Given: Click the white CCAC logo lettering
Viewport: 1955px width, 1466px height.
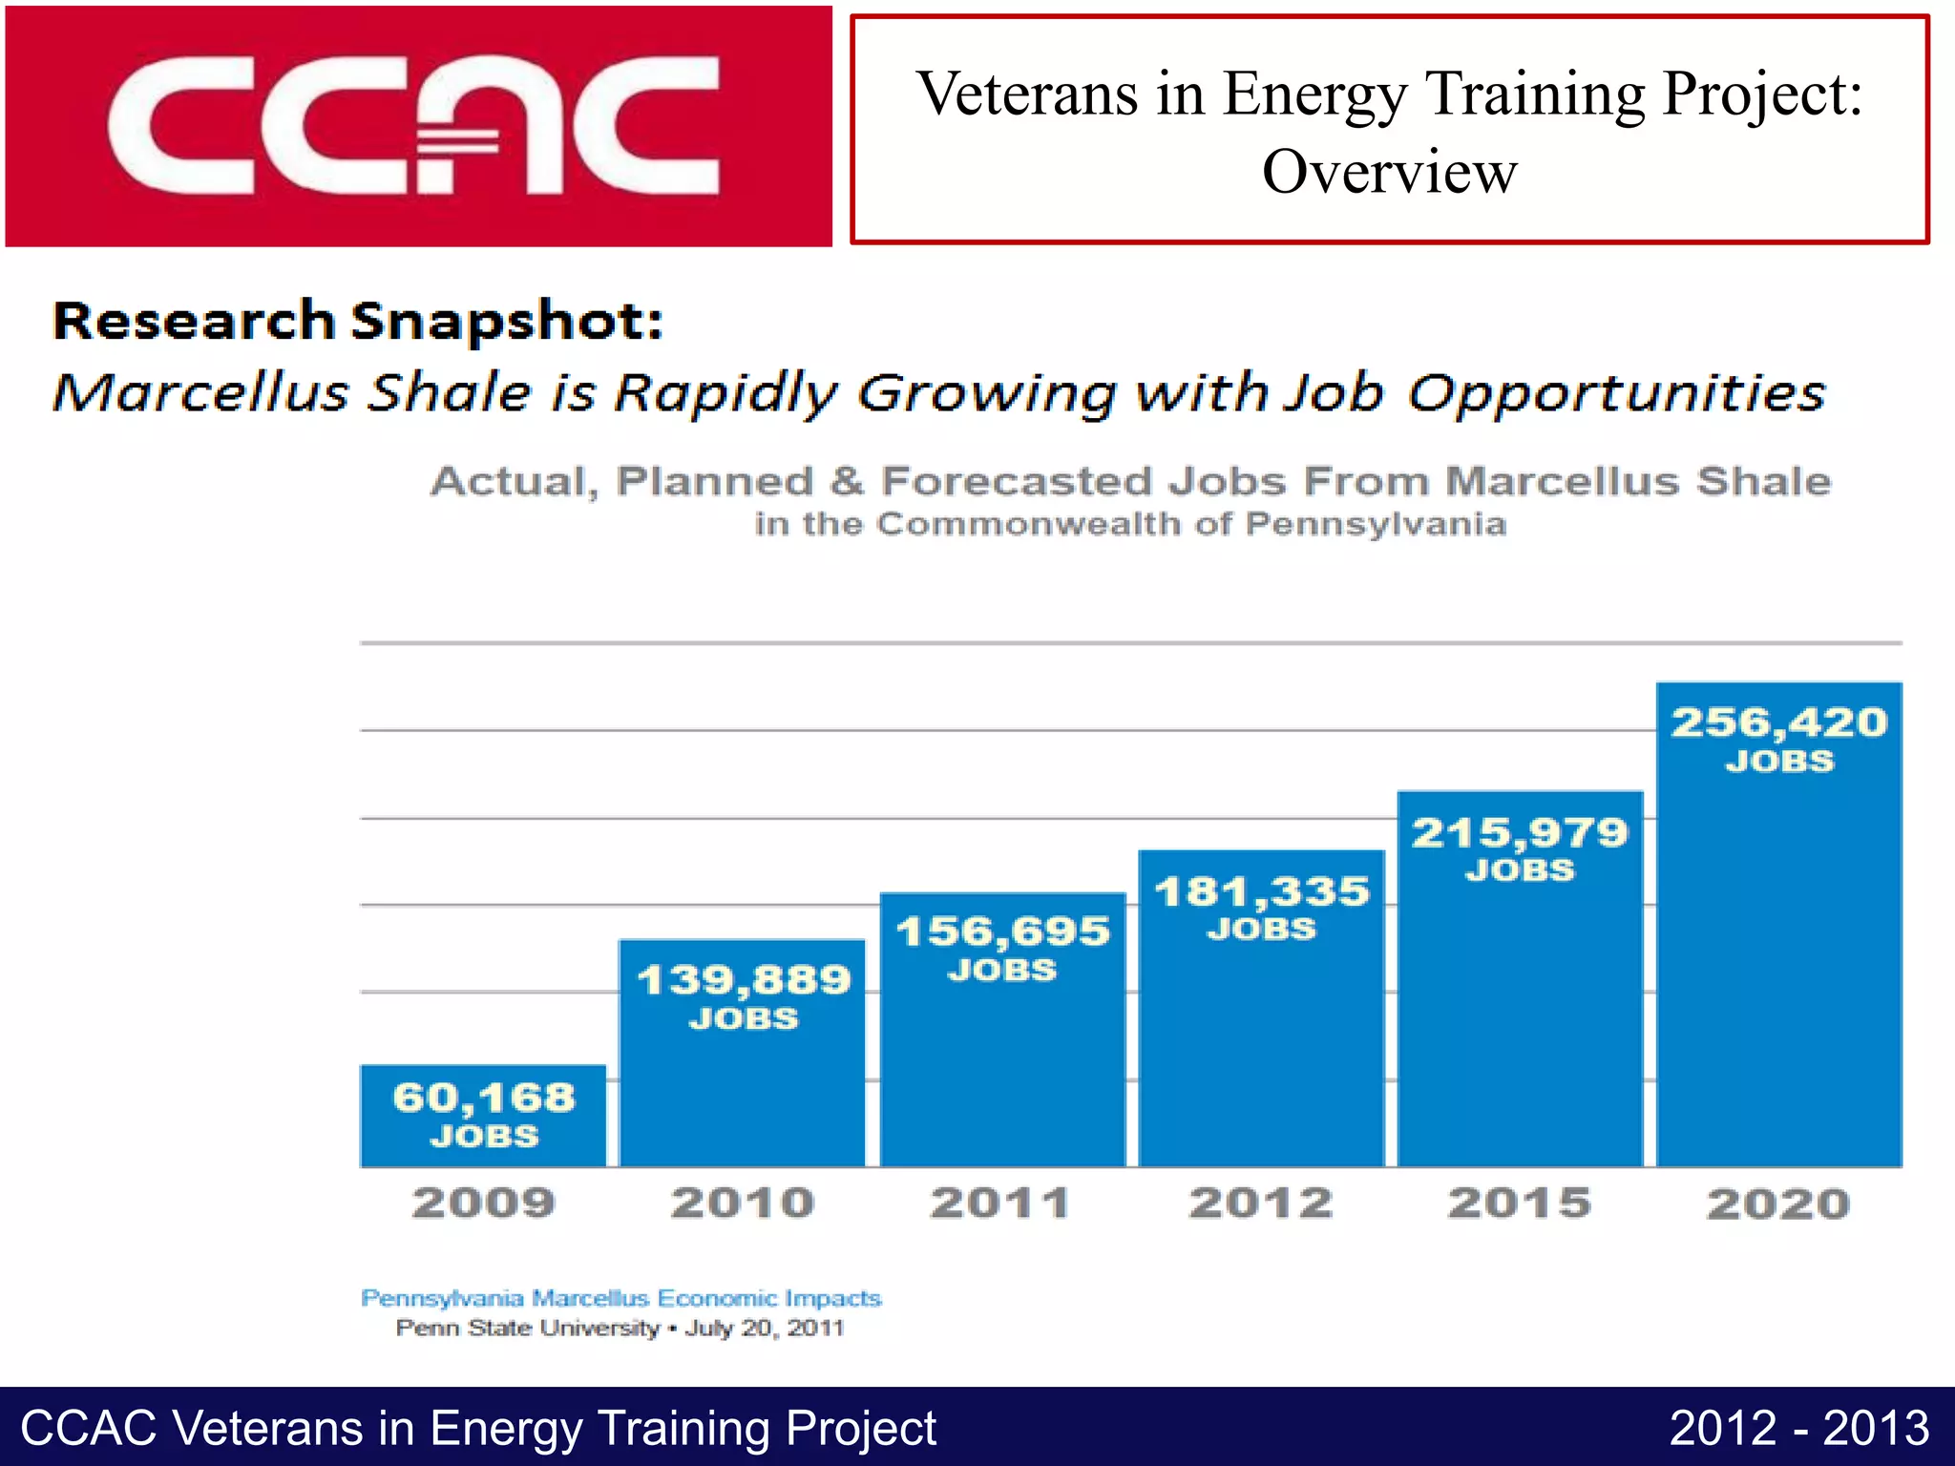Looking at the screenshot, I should coord(412,126).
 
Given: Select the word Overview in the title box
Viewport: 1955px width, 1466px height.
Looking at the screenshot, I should coord(1389,173).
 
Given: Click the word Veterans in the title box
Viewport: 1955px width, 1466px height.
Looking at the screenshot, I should coord(1028,94).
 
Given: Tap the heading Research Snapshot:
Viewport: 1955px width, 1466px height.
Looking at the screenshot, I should coord(358,321).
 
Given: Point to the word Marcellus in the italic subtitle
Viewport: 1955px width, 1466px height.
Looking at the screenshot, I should coord(200,393).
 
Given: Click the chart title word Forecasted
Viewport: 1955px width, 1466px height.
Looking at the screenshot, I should coord(1017,481).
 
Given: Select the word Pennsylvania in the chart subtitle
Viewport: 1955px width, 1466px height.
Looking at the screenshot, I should coord(1376,524).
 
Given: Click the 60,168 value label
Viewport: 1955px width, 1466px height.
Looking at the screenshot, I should coord(484,1098).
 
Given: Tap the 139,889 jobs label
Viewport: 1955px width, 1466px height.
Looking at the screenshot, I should coord(743,980).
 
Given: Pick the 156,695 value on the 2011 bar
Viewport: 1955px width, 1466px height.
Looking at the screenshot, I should coord(1002,932).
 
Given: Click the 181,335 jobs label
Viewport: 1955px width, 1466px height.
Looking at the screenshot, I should coord(1261,892).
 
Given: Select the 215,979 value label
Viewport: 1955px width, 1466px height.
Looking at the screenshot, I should coord(1520,833).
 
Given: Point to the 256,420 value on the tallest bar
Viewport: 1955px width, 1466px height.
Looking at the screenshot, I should coord(1778,723).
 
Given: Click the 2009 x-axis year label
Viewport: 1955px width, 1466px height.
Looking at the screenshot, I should coord(484,1203).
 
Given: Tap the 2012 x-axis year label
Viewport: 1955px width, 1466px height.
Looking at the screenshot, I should coord(1261,1203).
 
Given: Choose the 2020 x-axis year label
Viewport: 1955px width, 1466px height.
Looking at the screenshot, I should coord(1778,1204).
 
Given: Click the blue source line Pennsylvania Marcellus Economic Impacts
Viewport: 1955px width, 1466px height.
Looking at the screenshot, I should coord(620,1298).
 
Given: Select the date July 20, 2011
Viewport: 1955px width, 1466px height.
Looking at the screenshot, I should coord(764,1328).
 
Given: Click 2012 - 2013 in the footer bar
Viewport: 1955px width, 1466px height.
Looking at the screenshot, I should coord(1798,1429).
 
